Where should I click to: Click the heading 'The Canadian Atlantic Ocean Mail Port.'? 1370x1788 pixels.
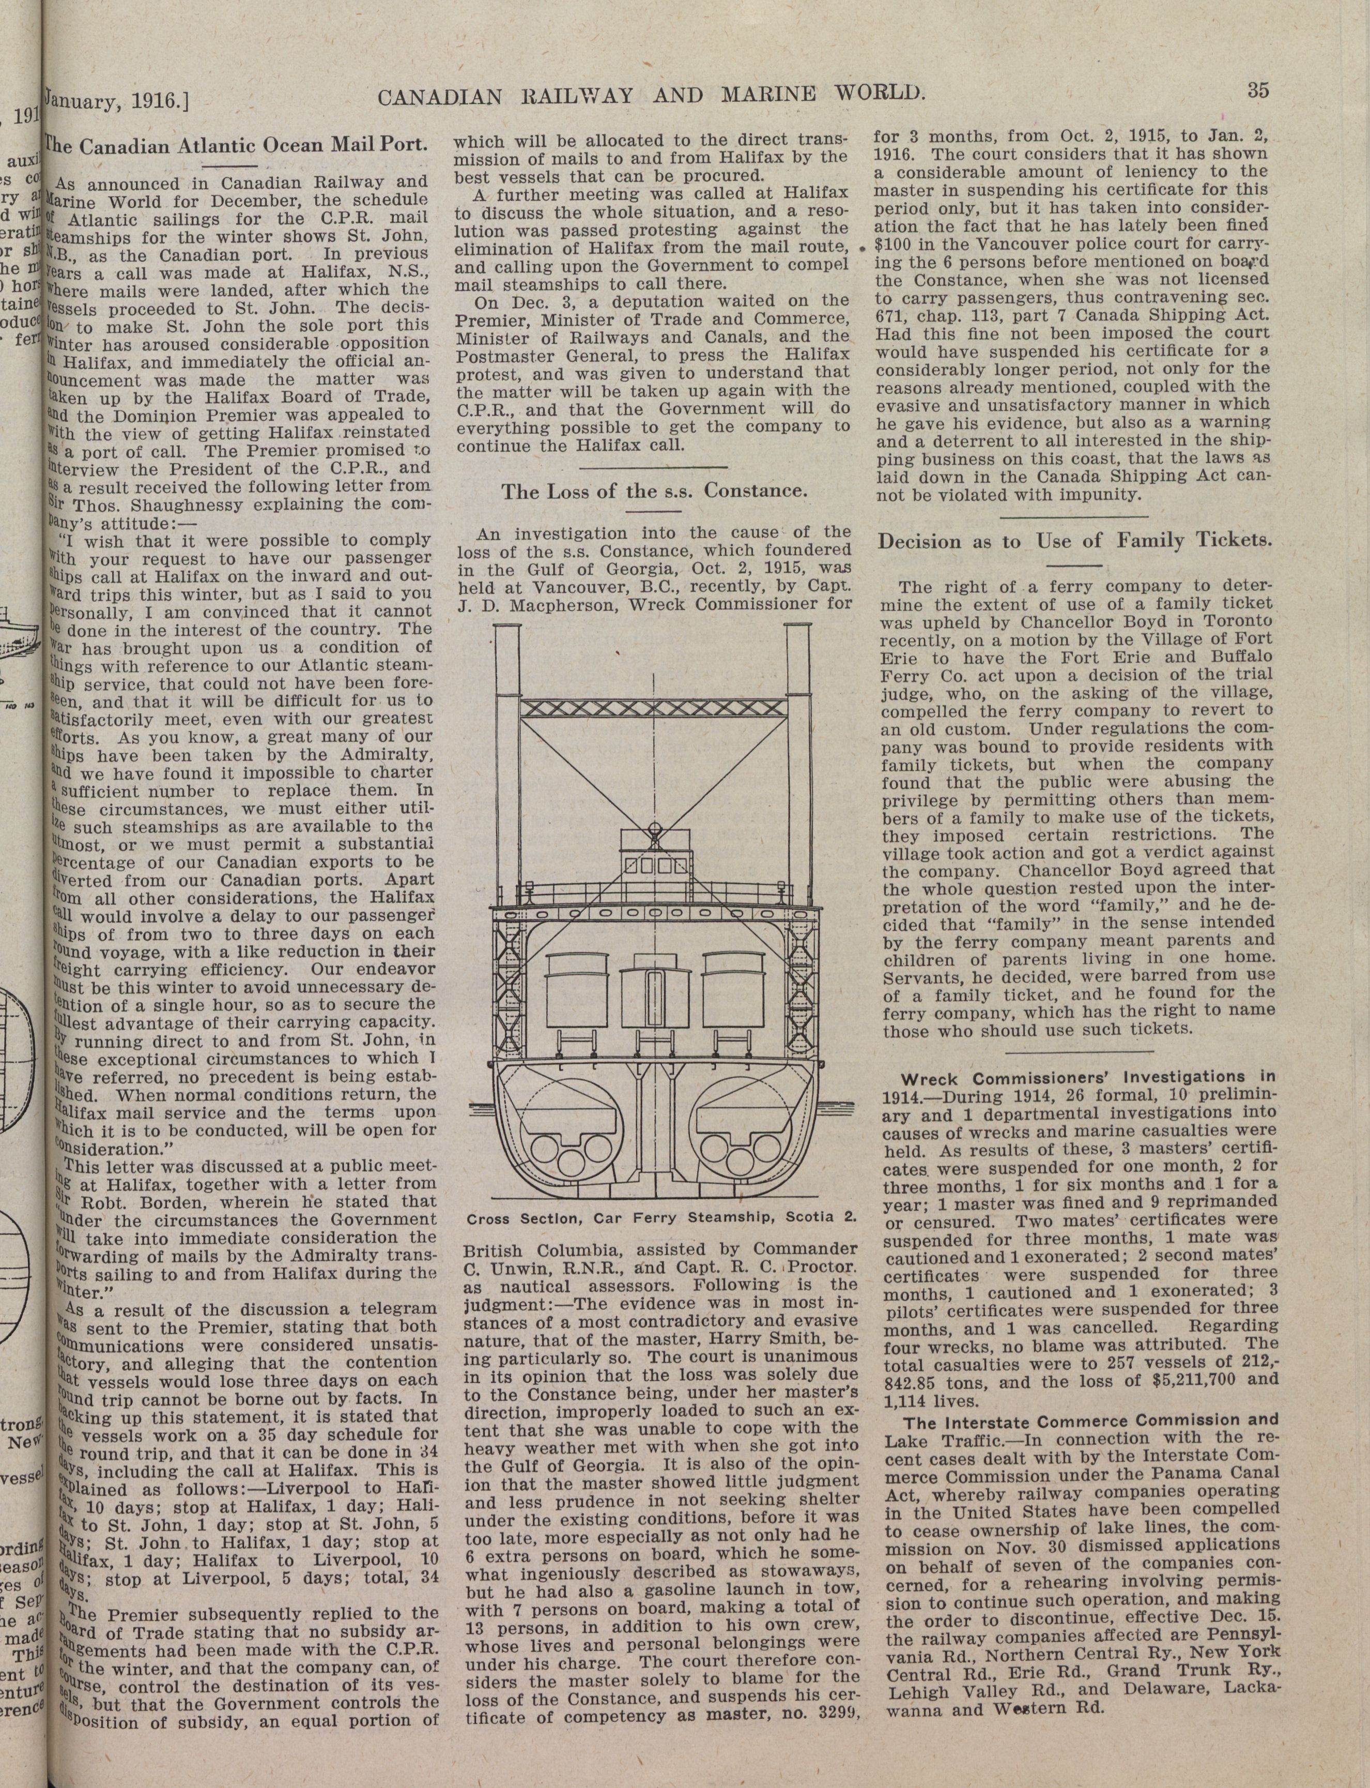237,147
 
